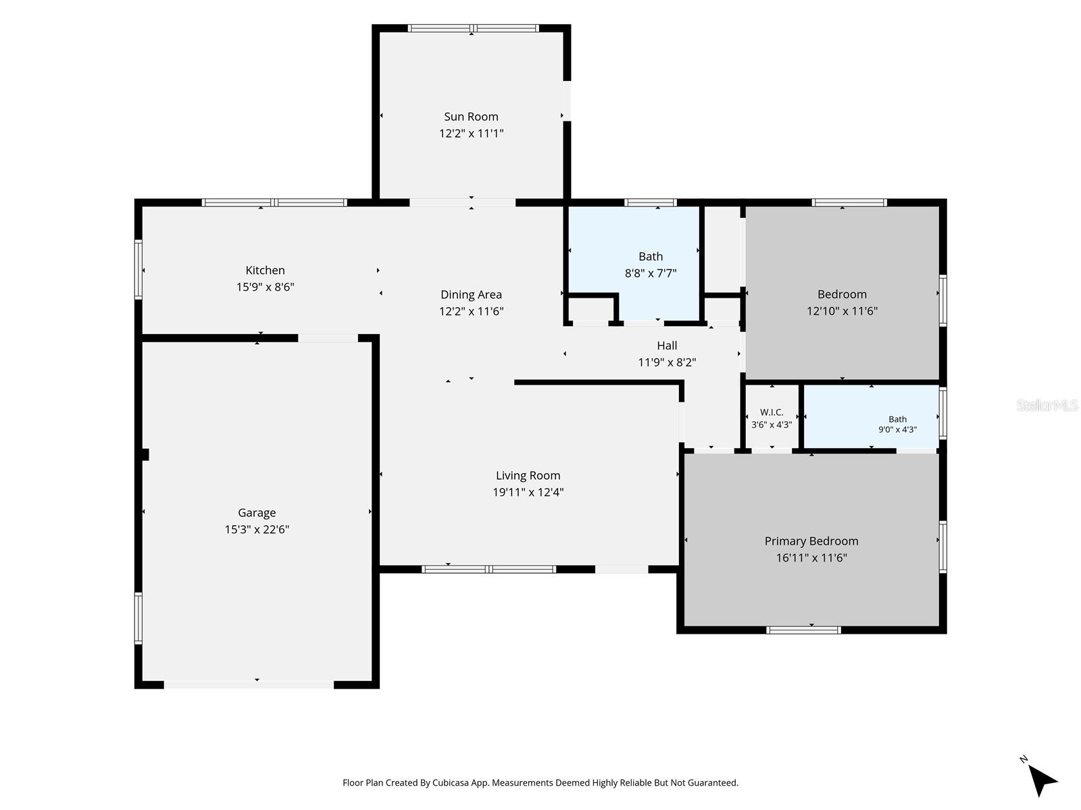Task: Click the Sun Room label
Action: pos(471,117)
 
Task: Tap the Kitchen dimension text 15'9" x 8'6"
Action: pos(265,287)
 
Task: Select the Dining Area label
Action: pos(471,294)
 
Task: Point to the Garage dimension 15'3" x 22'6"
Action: pos(257,529)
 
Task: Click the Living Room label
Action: pos(528,476)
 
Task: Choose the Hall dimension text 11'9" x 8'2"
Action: pos(667,362)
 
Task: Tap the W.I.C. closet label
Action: pos(772,412)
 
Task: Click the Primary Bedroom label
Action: pos(811,541)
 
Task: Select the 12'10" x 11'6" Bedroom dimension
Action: pos(842,310)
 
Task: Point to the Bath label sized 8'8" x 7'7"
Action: pos(651,256)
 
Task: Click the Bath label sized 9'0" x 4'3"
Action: pos(897,419)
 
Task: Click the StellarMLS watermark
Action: pos(1047,405)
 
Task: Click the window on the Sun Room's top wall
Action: pos(473,28)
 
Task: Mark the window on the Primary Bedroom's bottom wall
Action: pos(803,630)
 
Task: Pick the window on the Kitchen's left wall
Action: pos(139,269)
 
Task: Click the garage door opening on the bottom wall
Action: pos(249,684)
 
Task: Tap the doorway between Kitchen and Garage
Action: pos(328,338)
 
